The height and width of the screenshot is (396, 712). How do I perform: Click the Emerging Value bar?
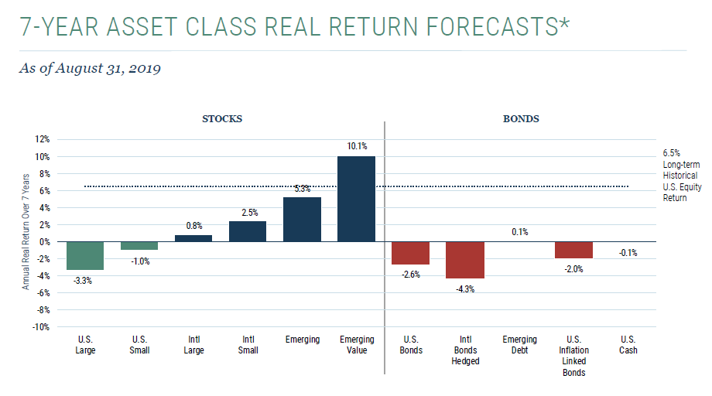(x=357, y=199)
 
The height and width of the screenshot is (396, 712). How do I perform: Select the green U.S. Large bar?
(x=85, y=255)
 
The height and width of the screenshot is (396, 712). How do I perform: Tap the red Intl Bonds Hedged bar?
(x=465, y=260)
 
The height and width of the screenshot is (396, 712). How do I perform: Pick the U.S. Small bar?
(x=139, y=245)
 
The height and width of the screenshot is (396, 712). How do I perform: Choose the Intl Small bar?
(x=248, y=231)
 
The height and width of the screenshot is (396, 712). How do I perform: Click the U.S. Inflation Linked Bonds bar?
(x=573, y=250)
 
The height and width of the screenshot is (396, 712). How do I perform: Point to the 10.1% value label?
(x=357, y=146)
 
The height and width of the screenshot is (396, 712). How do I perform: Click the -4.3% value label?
(x=465, y=289)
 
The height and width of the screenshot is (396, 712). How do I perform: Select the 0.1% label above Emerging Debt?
(x=519, y=231)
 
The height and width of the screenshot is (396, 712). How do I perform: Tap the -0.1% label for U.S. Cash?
(x=628, y=252)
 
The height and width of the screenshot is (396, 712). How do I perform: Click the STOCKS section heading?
(x=222, y=119)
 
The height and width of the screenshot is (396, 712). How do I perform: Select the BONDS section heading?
(x=520, y=119)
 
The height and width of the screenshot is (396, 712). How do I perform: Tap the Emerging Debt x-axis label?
(x=519, y=345)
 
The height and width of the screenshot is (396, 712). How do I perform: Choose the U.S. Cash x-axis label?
(x=628, y=345)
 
